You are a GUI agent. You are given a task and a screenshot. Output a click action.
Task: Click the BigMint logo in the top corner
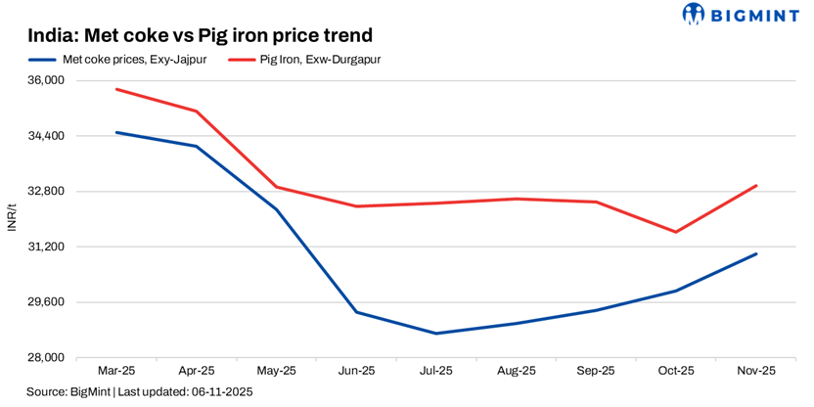click(743, 15)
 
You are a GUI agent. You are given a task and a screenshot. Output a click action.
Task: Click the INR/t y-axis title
click(12, 218)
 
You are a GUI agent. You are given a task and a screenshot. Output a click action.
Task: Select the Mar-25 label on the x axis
click(116, 371)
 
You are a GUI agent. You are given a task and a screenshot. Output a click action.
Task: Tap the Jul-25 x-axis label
click(436, 371)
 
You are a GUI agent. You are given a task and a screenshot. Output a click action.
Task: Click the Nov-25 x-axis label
click(756, 371)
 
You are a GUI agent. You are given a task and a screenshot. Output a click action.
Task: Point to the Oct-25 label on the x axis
click(676, 371)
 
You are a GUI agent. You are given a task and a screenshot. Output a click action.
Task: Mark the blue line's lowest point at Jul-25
click(436, 334)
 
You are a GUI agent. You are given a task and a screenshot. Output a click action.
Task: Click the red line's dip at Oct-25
click(676, 232)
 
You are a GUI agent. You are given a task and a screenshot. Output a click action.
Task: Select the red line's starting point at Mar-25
click(116, 89)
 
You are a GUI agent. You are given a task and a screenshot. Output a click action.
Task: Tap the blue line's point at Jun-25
click(356, 312)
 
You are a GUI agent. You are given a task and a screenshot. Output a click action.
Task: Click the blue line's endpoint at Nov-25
click(756, 254)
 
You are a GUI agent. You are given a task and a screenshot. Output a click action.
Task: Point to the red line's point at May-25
click(277, 187)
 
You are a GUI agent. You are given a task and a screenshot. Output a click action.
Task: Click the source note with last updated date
click(140, 392)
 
